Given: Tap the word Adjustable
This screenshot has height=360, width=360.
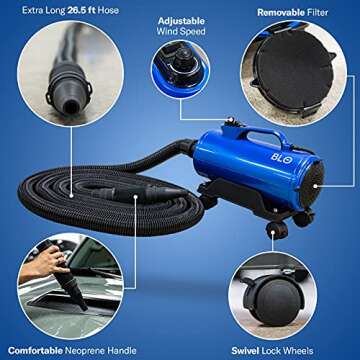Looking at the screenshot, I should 183,19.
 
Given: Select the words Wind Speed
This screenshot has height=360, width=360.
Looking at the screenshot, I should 184,32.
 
